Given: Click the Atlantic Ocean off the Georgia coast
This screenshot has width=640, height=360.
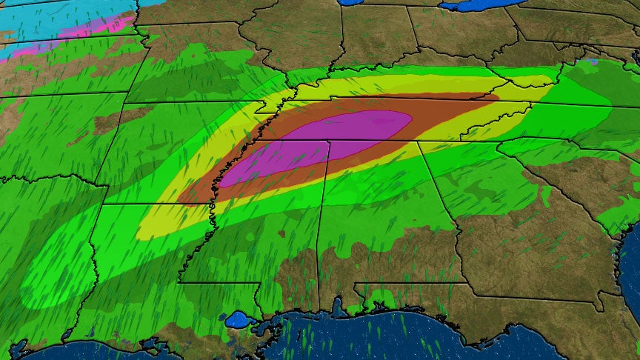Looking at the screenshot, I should click(x=630, y=267).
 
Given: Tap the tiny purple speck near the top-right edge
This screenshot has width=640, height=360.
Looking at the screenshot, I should click(x=590, y=61).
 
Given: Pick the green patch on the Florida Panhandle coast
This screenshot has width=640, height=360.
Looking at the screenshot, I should click(x=379, y=299).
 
